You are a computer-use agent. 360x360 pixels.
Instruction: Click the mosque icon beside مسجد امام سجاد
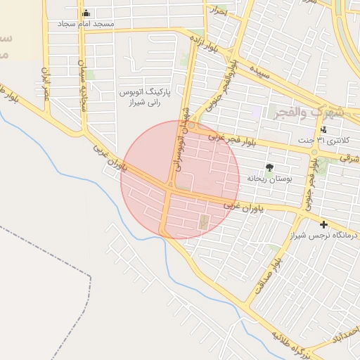86,13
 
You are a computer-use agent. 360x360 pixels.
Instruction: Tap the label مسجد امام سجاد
86,24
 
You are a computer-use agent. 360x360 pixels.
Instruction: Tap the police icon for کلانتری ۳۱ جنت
323,129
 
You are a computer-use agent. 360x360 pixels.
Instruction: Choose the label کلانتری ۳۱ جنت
328,141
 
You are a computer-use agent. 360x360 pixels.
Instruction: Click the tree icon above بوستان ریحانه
269,167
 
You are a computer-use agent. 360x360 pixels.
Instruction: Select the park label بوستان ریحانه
269,179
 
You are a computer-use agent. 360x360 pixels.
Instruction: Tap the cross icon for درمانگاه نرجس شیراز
323,224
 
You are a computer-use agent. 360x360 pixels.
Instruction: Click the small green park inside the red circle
204,222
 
